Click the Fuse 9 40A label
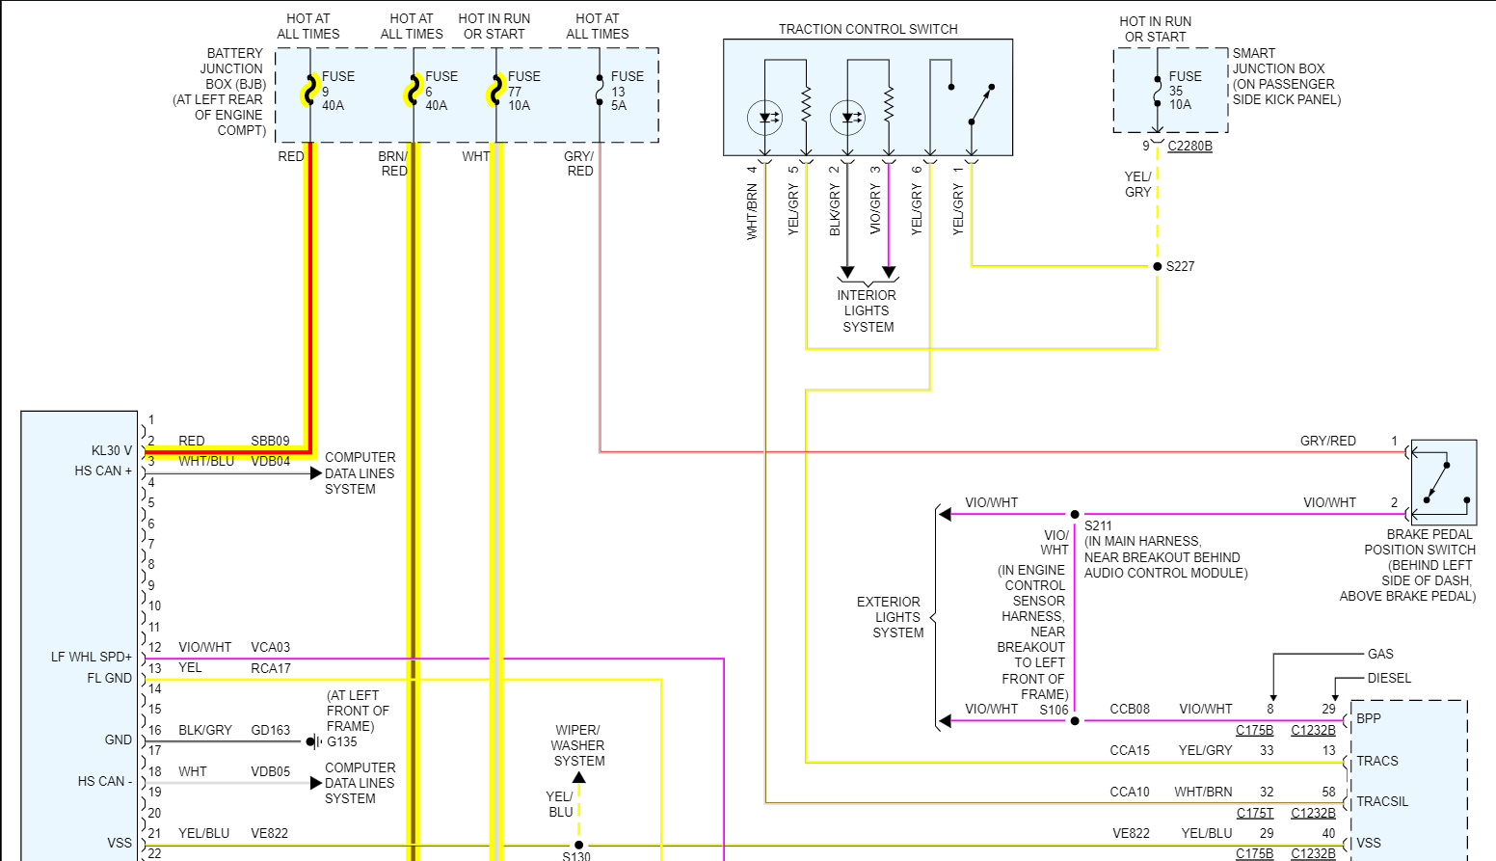[337, 91]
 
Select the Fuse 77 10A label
[523, 91]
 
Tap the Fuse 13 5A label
[627, 91]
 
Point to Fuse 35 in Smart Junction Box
[1184, 90]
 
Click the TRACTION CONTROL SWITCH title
[868, 29]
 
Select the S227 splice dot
[1158, 266]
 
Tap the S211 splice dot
[1075, 514]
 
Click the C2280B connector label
[1189, 146]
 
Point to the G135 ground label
[342, 741]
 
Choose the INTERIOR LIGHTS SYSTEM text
[868, 310]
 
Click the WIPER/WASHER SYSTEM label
[578, 745]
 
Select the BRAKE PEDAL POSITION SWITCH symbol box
[1443, 482]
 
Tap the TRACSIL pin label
[1381, 801]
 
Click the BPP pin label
[1368, 718]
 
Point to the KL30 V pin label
[112, 450]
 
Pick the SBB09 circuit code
[270, 441]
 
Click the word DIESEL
[1389, 678]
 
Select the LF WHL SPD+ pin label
[92, 657]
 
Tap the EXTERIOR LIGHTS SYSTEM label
[890, 617]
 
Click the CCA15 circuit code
[1130, 750]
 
